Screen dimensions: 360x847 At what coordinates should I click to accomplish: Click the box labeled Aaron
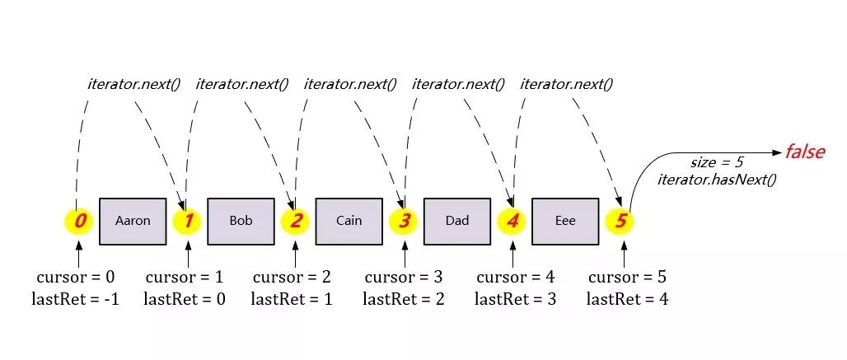tap(133, 221)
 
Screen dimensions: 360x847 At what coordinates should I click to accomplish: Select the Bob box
tap(241, 221)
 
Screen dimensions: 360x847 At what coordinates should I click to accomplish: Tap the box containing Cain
tap(349, 221)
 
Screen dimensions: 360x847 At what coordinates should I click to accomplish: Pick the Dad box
tap(456, 221)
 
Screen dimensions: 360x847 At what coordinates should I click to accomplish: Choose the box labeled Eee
tap(565, 221)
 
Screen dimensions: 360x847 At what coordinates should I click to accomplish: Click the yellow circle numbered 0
tap(78, 221)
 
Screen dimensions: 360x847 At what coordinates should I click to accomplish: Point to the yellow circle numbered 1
tap(187, 221)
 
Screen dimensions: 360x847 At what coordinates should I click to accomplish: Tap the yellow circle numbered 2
tap(296, 221)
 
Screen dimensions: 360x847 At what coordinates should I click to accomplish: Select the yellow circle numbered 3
tap(404, 221)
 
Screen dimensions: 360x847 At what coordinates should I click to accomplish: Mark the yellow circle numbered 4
tap(512, 221)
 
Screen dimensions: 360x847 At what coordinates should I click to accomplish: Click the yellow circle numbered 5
tap(620, 221)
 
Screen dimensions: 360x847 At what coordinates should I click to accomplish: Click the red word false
tap(804, 152)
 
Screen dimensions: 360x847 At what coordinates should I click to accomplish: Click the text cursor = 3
tap(404, 278)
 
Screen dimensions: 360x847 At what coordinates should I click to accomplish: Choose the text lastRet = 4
tap(626, 299)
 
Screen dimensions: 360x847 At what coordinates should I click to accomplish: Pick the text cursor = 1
tap(184, 278)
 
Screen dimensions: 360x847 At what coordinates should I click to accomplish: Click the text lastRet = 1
tap(292, 299)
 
